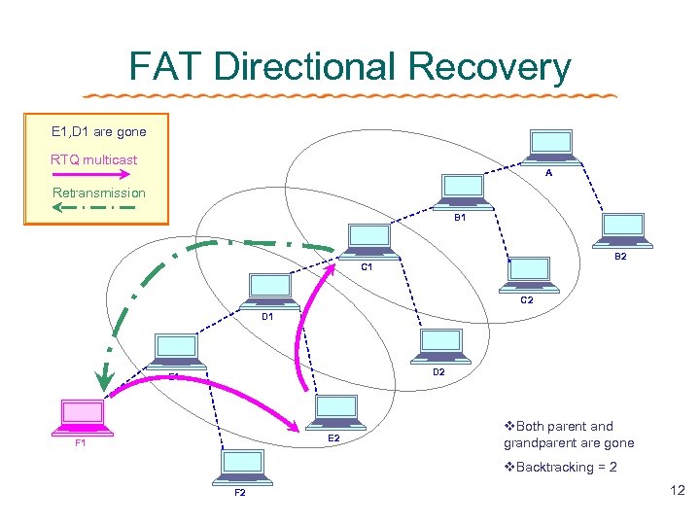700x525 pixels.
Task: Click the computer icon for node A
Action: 550,145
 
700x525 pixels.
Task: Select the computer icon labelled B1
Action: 462,192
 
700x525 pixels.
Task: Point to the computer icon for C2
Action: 530,274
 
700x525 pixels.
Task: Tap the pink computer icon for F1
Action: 83,418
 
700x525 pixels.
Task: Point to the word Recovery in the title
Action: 490,67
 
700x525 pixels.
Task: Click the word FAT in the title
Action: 166,67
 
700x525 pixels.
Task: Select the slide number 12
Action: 678,493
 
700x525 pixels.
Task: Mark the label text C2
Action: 526,300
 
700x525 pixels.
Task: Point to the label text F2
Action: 239,493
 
